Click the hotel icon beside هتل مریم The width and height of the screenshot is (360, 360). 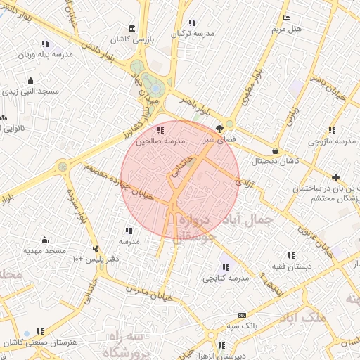point(286,18)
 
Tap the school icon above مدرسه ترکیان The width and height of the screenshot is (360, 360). point(191,23)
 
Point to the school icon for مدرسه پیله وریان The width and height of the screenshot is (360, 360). point(46,44)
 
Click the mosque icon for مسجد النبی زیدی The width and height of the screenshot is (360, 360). point(30,79)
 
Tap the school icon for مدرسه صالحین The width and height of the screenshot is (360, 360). point(161,129)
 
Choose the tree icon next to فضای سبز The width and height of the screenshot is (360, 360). point(219,129)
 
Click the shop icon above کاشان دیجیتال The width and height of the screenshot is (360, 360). point(274,150)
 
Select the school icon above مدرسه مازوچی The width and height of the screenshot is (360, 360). point(331,130)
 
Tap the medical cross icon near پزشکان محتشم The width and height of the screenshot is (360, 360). point(336,177)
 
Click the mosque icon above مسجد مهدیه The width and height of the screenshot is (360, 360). point(45,240)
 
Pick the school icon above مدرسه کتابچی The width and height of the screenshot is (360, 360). point(226,266)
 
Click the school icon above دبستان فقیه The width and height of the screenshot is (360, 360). point(290,255)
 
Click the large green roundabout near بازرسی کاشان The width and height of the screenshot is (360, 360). point(153,86)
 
